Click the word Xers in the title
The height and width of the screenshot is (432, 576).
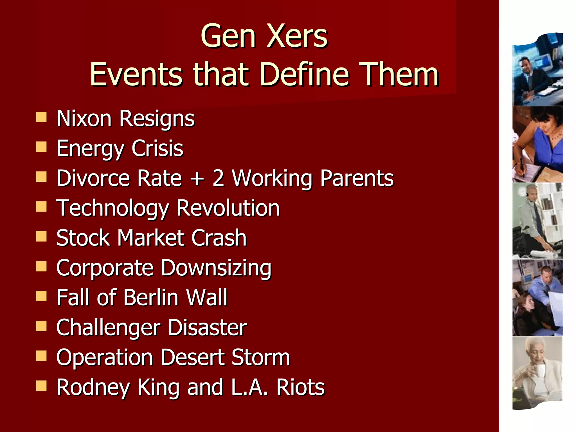pos(297,37)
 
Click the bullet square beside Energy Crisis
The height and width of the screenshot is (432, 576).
pos(41,147)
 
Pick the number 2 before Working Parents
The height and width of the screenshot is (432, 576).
pos(218,178)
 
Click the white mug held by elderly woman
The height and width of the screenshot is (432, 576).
pos(539,370)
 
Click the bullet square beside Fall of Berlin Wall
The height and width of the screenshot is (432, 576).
pos(41,296)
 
